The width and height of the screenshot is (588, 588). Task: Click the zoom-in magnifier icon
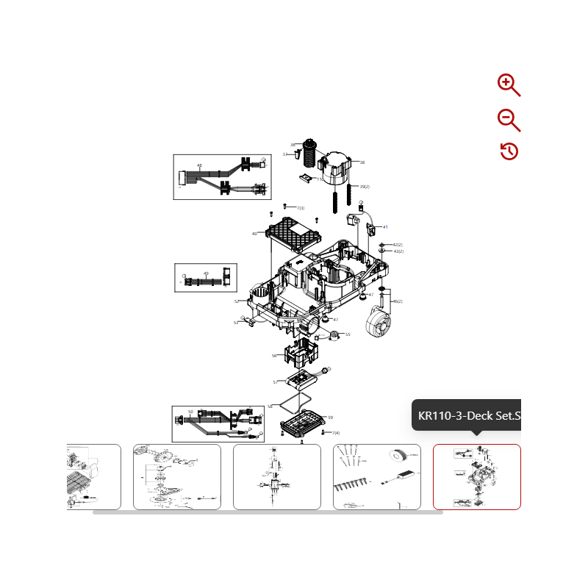pyautogui.click(x=508, y=85)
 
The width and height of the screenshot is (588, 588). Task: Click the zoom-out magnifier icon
pyautogui.click(x=508, y=119)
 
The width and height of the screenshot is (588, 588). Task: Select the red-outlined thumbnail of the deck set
pyautogui.click(x=476, y=476)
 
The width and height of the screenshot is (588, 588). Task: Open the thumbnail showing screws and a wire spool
pyautogui.click(x=376, y=476)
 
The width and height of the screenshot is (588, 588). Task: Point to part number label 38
pyautogui.click(x=362, y=162)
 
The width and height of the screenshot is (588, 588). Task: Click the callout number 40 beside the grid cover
pyautogui.click(x=254, y=234)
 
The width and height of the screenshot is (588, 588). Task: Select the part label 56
pyautogui.click(x=274, y=356)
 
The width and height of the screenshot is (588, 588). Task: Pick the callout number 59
pyautogui.click(x=331, y=417)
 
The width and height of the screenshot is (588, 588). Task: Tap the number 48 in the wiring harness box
pyautogui.click(x=199, y=165)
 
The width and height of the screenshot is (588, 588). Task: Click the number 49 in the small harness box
pyautogui.click(x=206, y=273)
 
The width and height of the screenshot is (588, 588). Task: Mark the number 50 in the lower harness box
pyautogui.click(x=190, y=412)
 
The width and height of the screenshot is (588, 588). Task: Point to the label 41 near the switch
pyautogui.click(x=385, y=227)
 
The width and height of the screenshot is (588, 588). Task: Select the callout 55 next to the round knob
pyautogui.click(x=348, y=334)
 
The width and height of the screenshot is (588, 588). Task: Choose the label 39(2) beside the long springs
pyautogui.click(x=364, y=187)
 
